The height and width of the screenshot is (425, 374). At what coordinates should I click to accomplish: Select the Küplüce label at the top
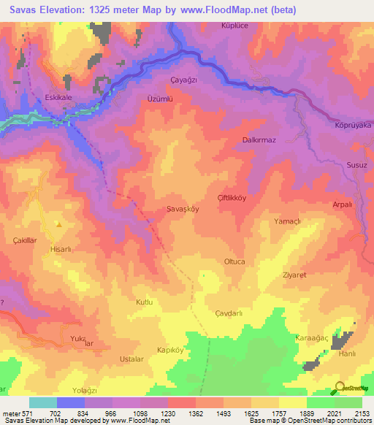pyautogui.click(x=236, y=26)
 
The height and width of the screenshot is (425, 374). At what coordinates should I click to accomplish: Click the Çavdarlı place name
pyautogui.click(x=228, y=313)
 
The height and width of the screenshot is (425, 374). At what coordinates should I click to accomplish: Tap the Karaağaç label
pyautogui.click(x=311, y=338)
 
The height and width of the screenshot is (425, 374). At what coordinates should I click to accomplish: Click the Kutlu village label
pyautogui.click(x=145, y=302)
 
